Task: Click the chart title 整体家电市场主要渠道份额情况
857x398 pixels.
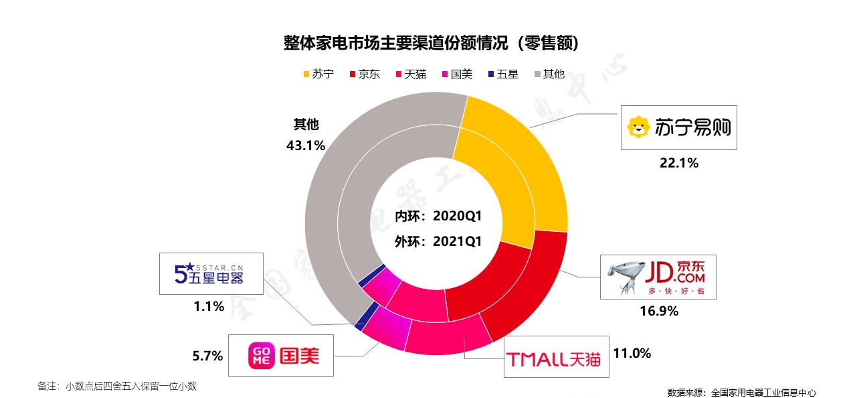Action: click(x=431, y=44)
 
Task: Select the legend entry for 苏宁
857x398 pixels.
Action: click(x=318, y=74)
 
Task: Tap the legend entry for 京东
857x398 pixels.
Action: click(x=365, y=74)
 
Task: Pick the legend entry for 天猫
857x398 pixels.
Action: click(x=411, y=74)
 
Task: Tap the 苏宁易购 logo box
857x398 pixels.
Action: click(x=678, y=127)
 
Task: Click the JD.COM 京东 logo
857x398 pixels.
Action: click(x=658, y=277)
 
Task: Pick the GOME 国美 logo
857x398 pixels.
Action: click(x=284, y=355)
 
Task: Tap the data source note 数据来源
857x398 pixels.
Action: click(x=741, y=393)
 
